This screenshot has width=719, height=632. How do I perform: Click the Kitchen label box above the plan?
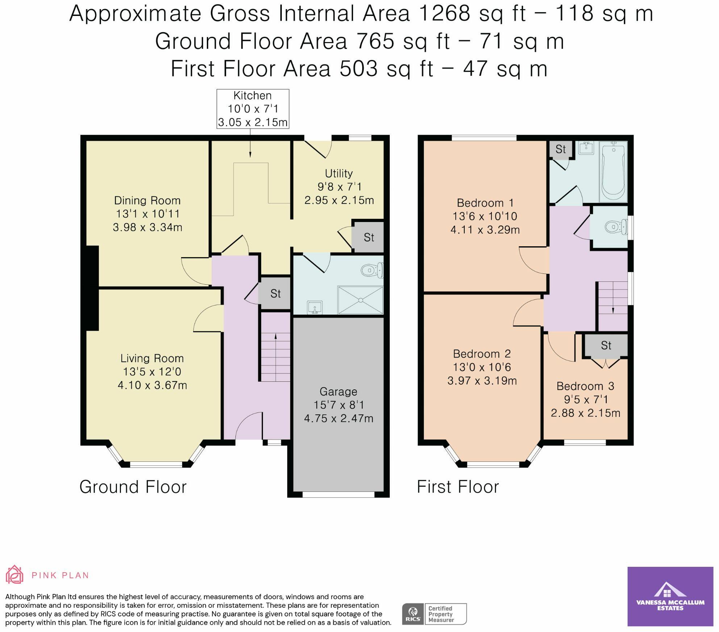[252, 109]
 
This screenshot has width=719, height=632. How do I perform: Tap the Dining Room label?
[147, 200]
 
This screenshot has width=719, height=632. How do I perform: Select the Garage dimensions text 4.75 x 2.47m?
[339, 418]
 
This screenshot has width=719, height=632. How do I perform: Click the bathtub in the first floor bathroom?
[613, 171]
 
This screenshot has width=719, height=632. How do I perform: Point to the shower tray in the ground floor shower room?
[360, 300]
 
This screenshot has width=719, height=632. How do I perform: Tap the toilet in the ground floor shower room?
[372, 270]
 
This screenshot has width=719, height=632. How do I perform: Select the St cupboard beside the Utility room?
[368, 237]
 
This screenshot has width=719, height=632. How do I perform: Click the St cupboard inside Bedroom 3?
[606, 346]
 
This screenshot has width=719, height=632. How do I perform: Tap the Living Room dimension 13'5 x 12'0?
[152, 372]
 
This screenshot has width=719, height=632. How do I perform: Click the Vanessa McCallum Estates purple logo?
[670, 596]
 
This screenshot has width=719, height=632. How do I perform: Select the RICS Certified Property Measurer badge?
[434, 614]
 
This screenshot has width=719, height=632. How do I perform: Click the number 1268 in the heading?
[444, 14]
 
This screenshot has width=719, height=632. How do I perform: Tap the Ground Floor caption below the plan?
[133, 487]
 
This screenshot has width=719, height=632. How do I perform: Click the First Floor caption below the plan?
[458, 487]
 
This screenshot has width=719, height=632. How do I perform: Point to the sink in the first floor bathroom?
[586, 147]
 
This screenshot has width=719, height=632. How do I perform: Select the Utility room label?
[339, 173]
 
